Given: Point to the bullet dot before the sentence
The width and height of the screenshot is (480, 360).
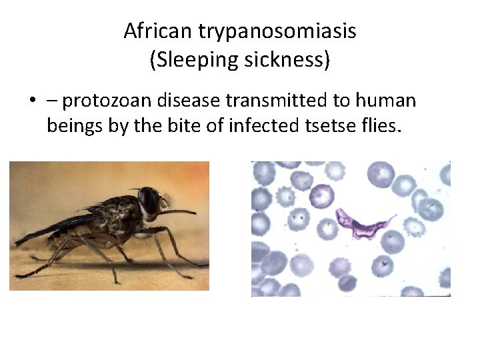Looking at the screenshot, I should [31, 102].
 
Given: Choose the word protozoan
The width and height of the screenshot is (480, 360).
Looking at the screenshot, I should [110, 101].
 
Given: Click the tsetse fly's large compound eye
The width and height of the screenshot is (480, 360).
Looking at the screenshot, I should [148, 200].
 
